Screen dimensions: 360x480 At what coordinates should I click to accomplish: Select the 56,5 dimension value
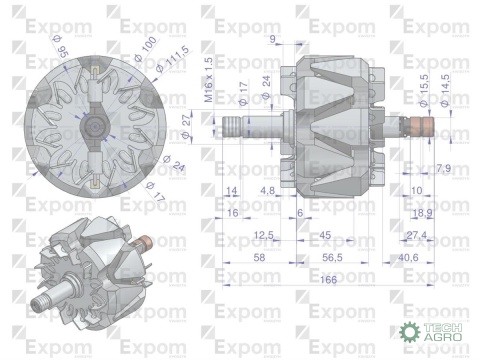pyautogui.click(x=327, y=257)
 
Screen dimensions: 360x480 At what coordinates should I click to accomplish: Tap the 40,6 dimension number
pyautogui.click(x=408, y=257)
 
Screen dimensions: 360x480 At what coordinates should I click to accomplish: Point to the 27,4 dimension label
pyautogui.click(x=418, y=235)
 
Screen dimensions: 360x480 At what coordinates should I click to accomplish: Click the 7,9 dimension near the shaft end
pyautogui.click(x=444, y=167)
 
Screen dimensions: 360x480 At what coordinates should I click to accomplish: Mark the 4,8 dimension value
pyautogui.click(x=268, y=189)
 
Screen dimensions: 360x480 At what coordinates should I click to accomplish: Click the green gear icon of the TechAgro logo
pyautogui.click(x=410, y=333)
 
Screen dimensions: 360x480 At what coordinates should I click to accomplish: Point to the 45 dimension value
pyautogui.click(x=325, y=235)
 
